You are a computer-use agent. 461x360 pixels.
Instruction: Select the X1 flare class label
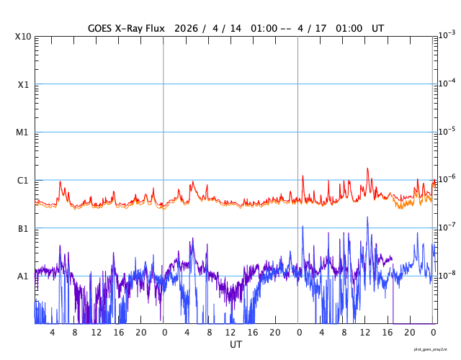[x=24, y=84]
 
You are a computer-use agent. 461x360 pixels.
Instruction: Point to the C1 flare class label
[x=23, y=180]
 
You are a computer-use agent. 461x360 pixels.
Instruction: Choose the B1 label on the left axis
[x=23, y=228]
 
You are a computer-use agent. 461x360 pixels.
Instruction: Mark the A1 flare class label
[x=23, y=276]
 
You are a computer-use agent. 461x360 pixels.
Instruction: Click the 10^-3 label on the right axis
[x=447, y=35]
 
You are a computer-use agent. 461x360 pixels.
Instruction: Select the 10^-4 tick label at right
[x=447, y=83]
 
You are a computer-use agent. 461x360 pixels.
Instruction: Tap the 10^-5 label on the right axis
[x=447, y=130]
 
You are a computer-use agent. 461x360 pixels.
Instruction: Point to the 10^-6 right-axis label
[x=447, y=179]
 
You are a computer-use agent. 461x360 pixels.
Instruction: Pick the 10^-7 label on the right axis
[x=447, y=227]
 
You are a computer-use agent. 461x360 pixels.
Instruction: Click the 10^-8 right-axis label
[x=447, y=274]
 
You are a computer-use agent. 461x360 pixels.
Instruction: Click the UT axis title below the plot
[x=236, y=345]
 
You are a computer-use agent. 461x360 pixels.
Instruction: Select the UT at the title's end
[x=378, y=28]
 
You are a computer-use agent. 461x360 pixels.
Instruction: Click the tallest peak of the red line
[x=367, y=168]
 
